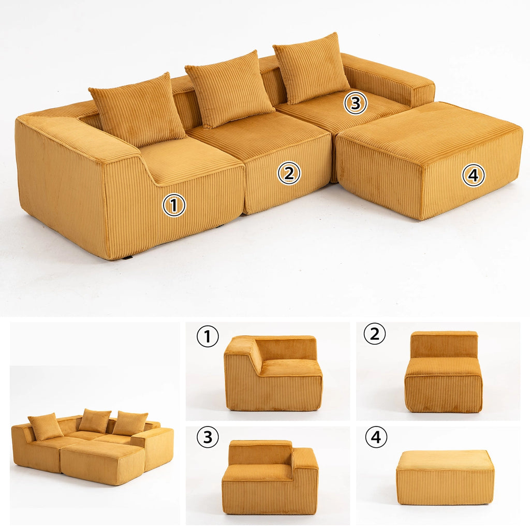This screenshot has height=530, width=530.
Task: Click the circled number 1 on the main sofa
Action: point(174,205)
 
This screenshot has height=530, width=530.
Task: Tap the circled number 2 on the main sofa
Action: point(289,173)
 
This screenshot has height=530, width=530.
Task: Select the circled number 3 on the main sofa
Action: point(356,103)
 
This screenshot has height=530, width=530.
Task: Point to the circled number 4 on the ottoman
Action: point(473,175)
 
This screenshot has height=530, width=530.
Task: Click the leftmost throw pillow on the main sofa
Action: point(137,109)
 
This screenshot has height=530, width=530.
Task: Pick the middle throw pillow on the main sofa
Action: point(229,89)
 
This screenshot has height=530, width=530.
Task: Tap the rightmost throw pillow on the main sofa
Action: point(311,67)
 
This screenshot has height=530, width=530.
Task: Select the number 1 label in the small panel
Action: point(208,337)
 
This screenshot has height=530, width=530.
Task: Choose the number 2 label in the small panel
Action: point(375,334)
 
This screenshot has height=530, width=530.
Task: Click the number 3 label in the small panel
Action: point(208,438)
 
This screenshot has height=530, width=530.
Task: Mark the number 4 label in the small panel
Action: point(376,438)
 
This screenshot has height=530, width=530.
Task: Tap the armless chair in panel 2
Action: point(443,373)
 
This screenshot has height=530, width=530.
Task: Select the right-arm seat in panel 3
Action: point(270,477)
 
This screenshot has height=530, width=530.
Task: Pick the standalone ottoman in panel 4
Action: point(445,477)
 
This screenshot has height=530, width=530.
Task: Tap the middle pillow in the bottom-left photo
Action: point(94,421)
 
